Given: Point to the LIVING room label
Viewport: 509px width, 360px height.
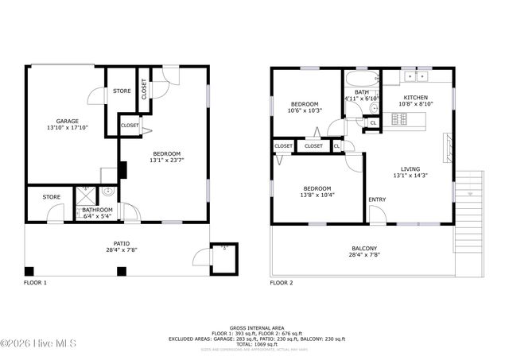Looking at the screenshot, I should pyautogui.click(x=410, y=168).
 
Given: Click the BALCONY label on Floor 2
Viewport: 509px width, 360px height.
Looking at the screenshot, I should pyautogui.click(x=364, y=249).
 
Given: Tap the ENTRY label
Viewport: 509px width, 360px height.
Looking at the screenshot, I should pyautogui.click(x=376, y=199).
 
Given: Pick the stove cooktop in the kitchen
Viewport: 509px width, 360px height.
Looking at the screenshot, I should pyautogui.click(x=399, y=119).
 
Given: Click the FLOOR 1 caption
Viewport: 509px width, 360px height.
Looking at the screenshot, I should pyautogui.click(x=35, y=283).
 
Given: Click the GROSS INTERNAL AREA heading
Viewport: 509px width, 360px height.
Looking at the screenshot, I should pyautogui.click(x=256, y=327).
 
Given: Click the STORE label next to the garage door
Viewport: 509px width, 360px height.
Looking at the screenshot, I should pyautogui.click(x=122, y=91).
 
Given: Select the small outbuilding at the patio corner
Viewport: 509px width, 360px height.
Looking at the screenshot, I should pyautogui.click(x=220, y=256).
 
